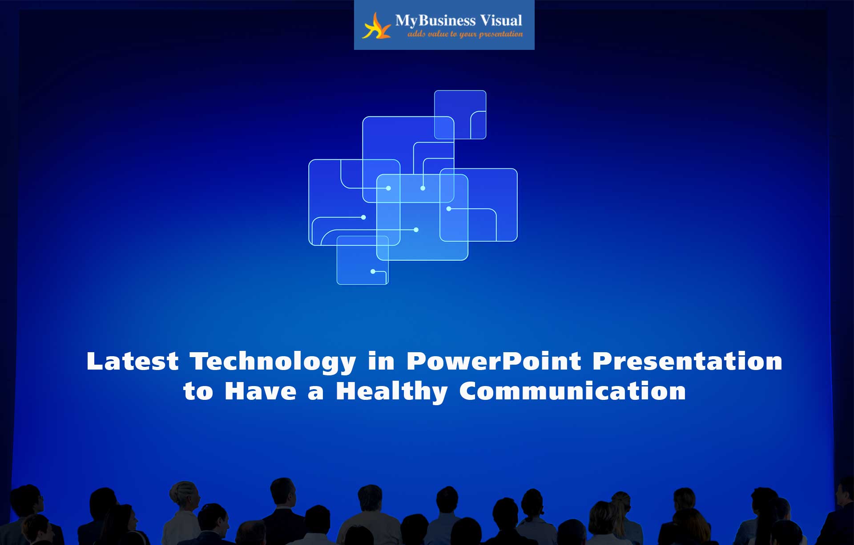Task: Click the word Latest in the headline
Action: [x=133, y=361]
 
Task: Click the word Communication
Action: [x=572, y=391]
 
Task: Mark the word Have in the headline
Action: [x=261, y=391]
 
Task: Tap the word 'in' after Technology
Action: [x=381, y=361]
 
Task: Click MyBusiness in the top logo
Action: [x=435, y=20]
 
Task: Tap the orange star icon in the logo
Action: [x=376, y=26]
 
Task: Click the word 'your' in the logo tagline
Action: [x=468, y=35]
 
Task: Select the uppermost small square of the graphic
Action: [x=460, y=114]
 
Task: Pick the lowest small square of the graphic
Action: [x=363, y=260]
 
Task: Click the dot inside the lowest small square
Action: [x=373, y=271]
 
